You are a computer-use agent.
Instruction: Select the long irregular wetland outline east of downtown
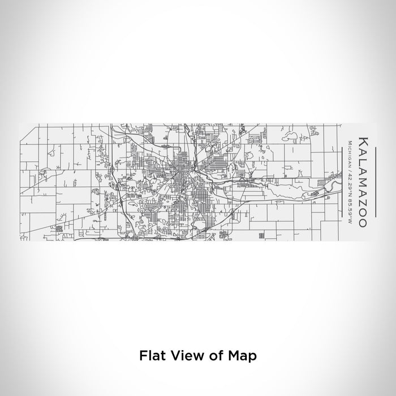(294, 187)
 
